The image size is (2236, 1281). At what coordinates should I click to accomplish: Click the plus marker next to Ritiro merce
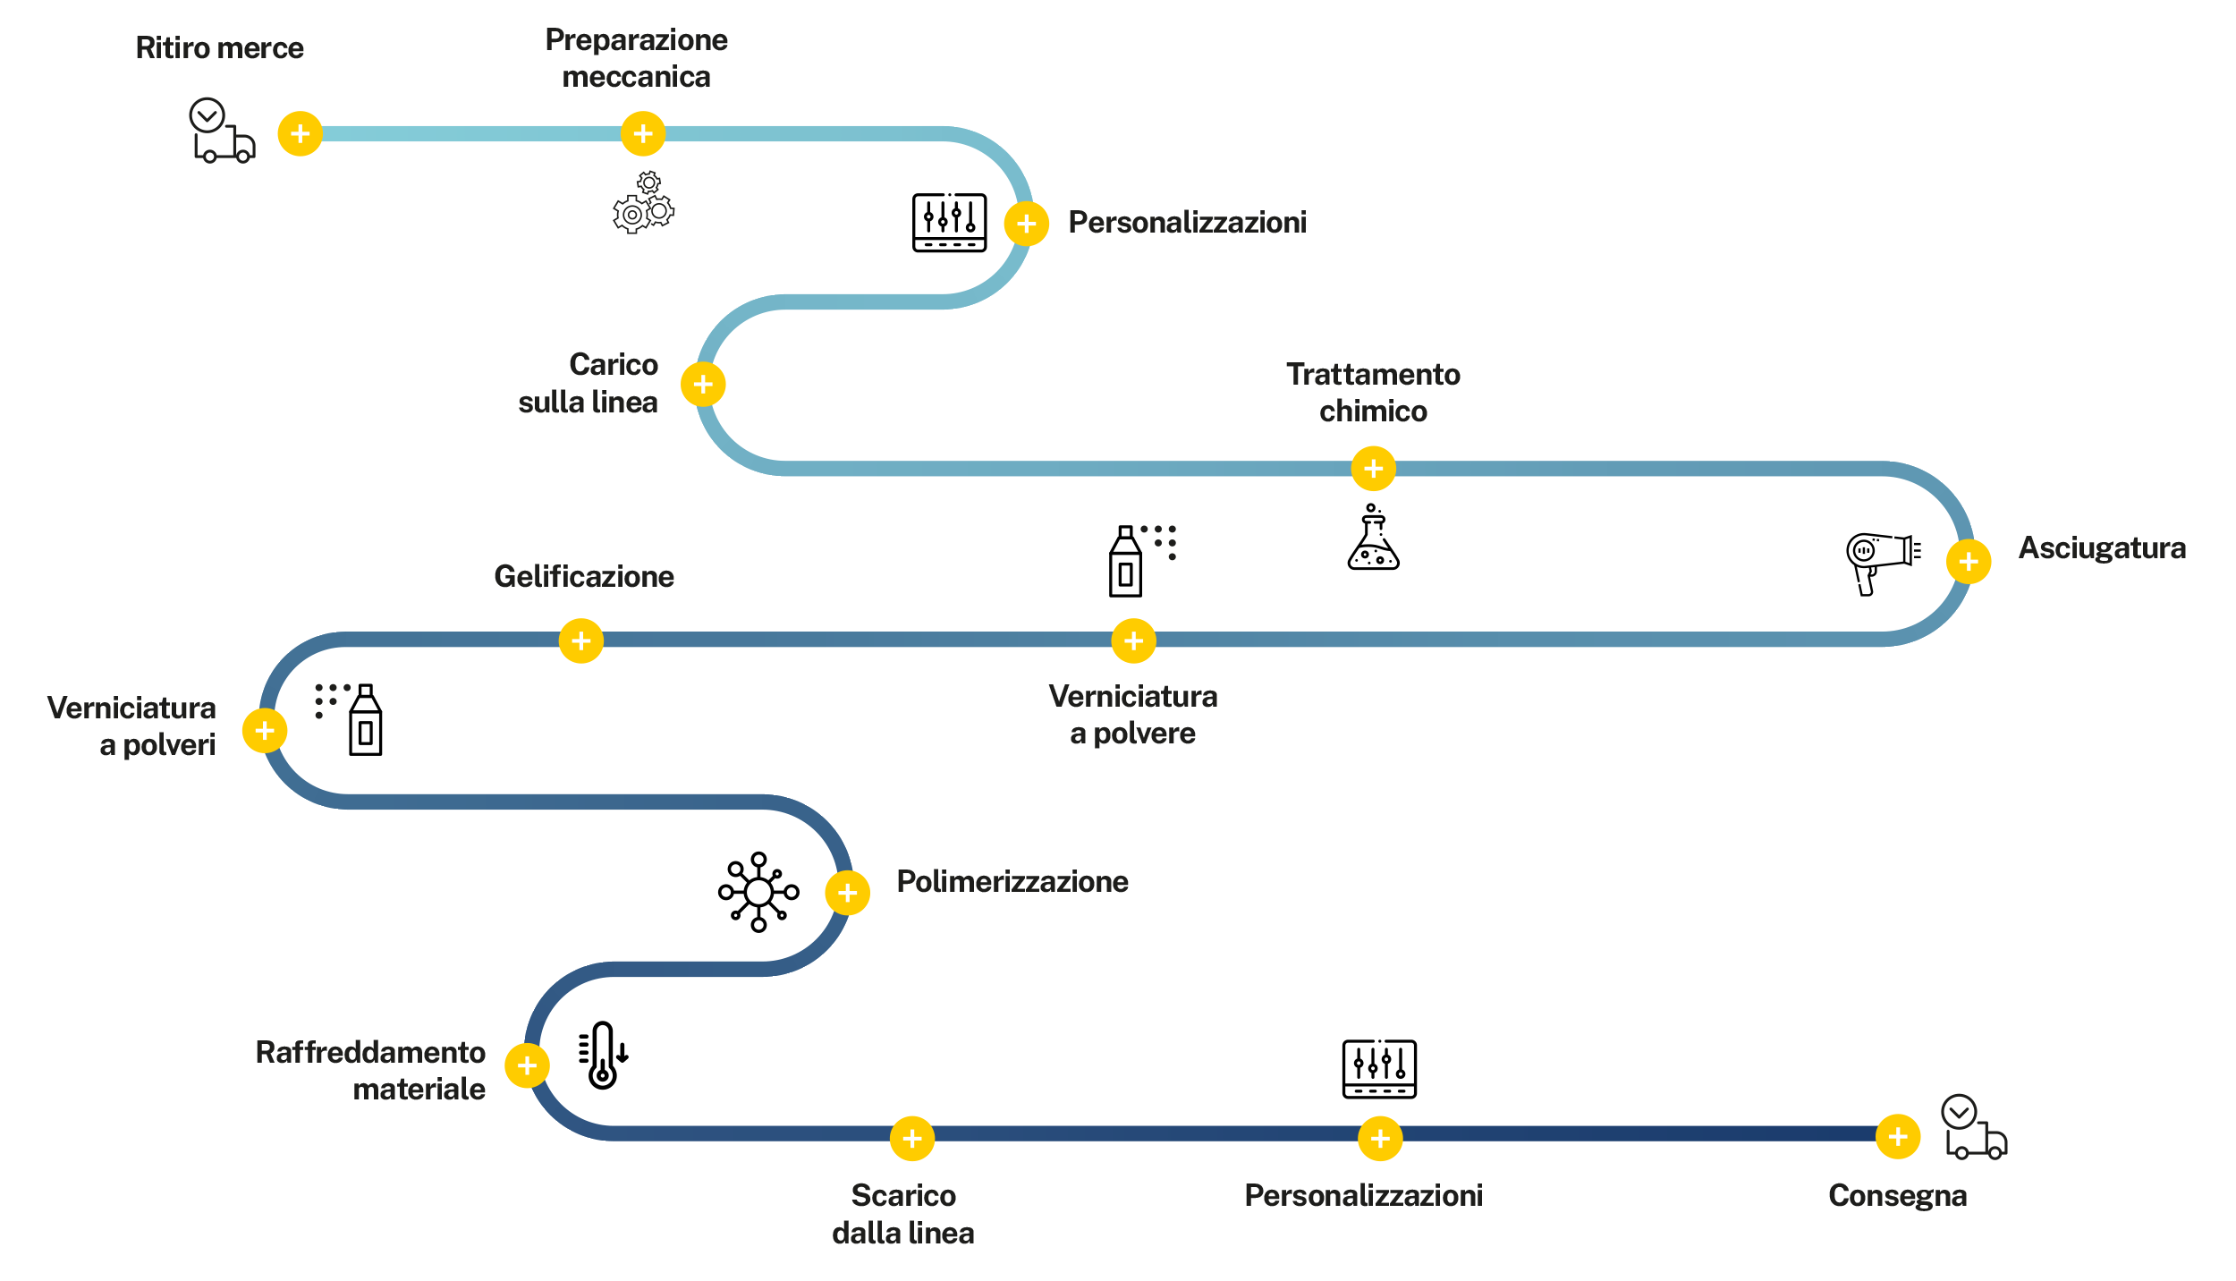(x=300, y=134)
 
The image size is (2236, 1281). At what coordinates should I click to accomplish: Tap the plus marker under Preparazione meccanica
(x=642, y=134)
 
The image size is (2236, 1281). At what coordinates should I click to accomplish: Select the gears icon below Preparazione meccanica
(x=644, y=203)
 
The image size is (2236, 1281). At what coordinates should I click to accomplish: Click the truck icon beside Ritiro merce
(x=222, y=131)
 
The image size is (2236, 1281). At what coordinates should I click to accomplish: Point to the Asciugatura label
(x=2101, y=547)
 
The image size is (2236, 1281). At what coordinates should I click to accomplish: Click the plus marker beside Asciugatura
(x=1968, y=562)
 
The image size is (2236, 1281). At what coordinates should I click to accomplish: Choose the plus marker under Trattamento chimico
(x=1373, y=469)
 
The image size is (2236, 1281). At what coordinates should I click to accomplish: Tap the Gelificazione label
(x=584, y=577)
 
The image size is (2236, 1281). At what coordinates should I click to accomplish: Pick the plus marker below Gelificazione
(x=580, y=641)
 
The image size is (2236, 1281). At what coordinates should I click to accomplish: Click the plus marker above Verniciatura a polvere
(x=1133, y=641)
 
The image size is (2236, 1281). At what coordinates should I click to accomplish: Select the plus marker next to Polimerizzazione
(x=847, y=893)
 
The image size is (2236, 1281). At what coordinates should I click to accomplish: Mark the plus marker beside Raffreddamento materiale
(x=527, y=1065)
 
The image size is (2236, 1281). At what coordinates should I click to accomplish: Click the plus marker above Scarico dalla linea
(x=911, y=1139)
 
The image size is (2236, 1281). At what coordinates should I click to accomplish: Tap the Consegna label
(x=1897, y=1196)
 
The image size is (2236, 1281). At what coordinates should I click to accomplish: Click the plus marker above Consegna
(x=1897, y=1137)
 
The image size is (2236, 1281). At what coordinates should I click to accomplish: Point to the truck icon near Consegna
(x=1974, y=1130)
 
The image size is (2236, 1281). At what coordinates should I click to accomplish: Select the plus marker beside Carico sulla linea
(x=703, y=385)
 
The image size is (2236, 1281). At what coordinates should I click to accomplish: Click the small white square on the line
(x=987, y=452)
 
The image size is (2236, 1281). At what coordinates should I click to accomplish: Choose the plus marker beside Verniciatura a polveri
(x=265, y=731)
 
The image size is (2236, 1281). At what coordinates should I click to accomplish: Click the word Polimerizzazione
(x=1012, y=881)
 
